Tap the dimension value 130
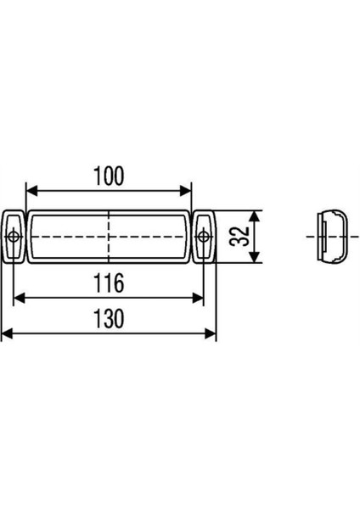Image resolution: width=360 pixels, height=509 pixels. pyautogui.click(x=110, y=319)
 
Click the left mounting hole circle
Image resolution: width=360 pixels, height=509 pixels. pyautogui.click(x=14, y=236)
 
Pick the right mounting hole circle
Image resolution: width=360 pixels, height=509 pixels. pyautogui.click(x=204, y=236)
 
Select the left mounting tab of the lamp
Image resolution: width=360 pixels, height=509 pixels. pyautogui.click(x=14, y=235)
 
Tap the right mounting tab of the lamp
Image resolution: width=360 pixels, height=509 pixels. pyautogui.click(x=204, y=235)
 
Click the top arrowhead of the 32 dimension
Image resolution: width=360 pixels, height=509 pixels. pyautogui.click(x=257, y=214)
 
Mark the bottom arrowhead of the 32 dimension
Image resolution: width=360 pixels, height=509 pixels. pyautogui.click(x=257, y=258)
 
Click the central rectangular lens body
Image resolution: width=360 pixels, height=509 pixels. pyautogui.click(x=76, y=236)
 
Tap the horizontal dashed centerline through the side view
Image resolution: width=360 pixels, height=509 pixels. pyautogui.click(x=310, y=236)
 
